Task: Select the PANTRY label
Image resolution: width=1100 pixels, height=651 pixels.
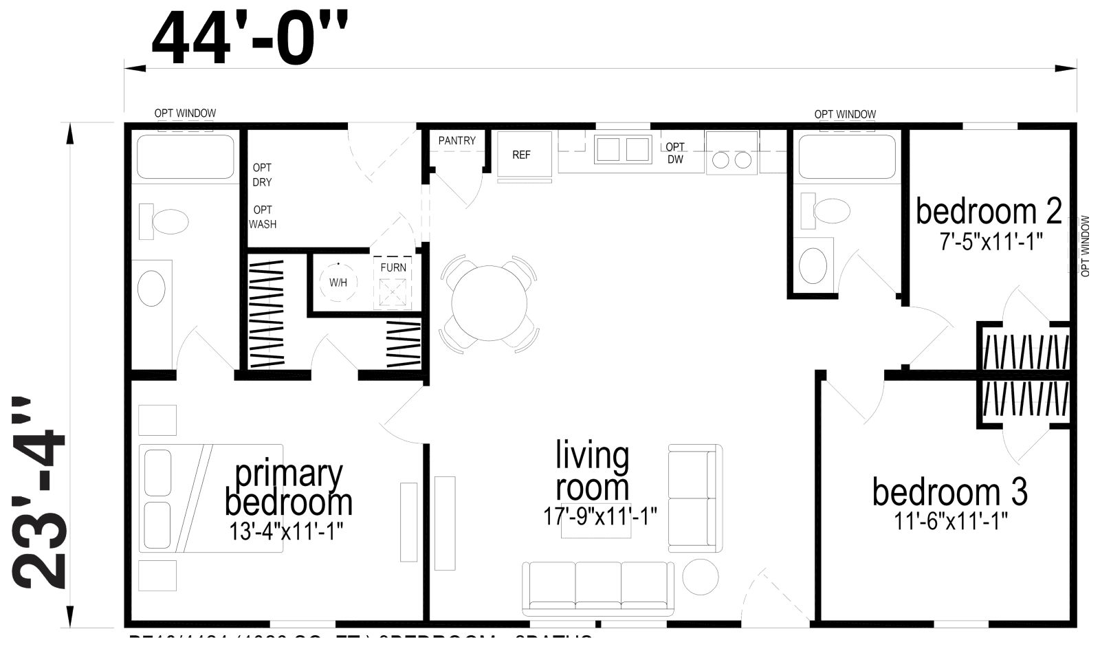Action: pyautogui.click(x=456, y=140)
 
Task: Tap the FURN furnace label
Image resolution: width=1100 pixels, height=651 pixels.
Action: pyautogui.click(x=393, y=267)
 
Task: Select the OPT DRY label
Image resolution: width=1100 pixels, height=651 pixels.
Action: pyautogui.click(x=262, y=175)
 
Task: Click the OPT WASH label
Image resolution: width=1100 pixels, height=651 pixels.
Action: pyautogui.click(x=263, y=217)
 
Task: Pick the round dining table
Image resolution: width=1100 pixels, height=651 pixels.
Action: pyautogui.click(x=489, y=303)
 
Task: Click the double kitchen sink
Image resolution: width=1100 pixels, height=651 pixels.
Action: pyautogui.click(x=623, y=149)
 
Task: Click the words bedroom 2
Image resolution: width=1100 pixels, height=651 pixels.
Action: pyautogui.click(x=989, y=212)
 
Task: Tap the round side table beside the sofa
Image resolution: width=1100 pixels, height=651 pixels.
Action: pyautogui.click(x=701, y=576)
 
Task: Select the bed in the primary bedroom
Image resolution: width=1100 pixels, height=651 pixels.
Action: pyautogui.click(x=211, y=498)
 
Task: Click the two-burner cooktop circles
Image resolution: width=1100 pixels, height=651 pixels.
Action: pyautogui.click(x=731, y=160)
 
